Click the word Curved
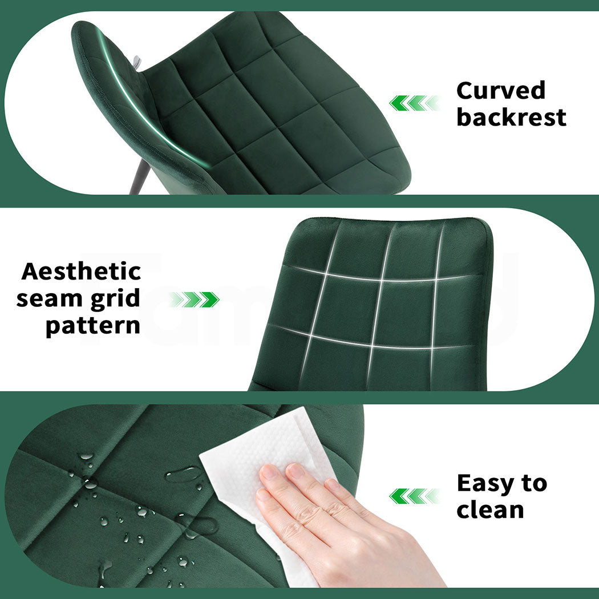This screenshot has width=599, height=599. [x=501, y=91]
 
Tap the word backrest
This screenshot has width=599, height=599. [x=511, y=118]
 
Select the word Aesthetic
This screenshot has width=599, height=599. [x=81, y=272]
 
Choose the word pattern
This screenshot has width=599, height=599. [x=93, y=326]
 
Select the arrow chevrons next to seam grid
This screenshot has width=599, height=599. [x=194, y=299]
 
